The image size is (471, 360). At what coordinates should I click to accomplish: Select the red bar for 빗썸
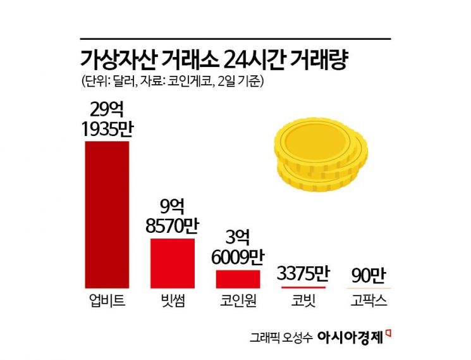(172, 263)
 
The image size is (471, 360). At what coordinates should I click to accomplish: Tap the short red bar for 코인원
(238, 279)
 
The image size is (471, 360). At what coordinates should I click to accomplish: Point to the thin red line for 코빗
(303, 287)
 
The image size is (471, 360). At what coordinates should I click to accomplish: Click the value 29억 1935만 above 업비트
(107, 118)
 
